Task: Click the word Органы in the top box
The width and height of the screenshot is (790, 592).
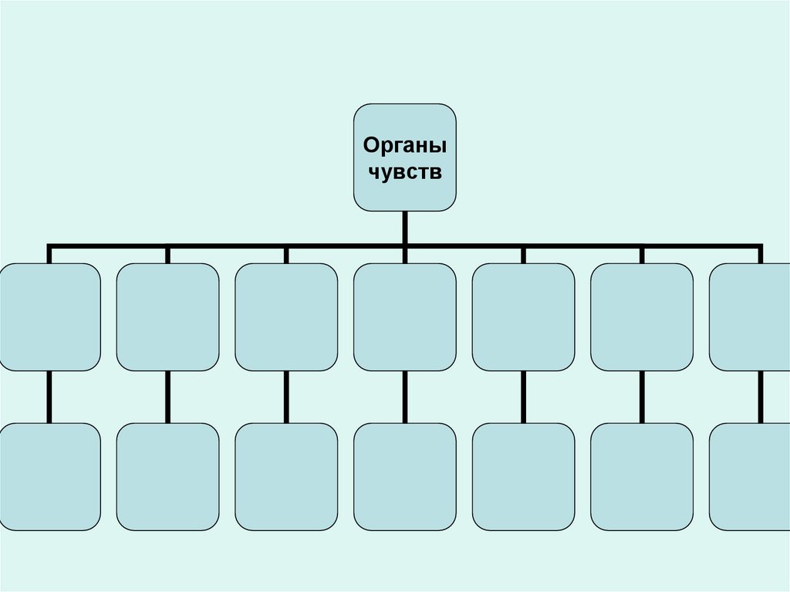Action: coord(404,145)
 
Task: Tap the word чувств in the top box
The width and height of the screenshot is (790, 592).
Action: coord(404,171)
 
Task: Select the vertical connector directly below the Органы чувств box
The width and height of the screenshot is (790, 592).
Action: coord(404,228)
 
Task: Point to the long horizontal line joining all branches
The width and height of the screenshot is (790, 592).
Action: coord(231,247)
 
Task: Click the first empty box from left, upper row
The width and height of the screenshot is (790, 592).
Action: coord(49,316)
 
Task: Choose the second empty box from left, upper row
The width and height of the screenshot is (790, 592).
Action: coord(167,316)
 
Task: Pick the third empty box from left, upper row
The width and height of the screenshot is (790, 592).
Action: coord(286,316)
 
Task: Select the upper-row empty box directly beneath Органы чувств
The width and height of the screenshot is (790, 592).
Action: coord(404,316)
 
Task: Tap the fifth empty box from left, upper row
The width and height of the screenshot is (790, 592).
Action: coord(523,316)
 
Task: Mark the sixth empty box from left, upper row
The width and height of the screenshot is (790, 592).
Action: coord(642,316)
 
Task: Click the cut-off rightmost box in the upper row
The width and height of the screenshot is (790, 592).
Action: coord(750,316)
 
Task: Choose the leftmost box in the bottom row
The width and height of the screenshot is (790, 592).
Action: coord(49,476)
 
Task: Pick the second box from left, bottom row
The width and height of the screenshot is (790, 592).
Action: coord(167,476)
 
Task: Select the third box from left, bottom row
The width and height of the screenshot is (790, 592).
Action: coord(286,476)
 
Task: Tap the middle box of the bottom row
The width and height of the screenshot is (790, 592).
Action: coord(404,476)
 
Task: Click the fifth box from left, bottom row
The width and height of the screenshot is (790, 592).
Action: coord(523,476)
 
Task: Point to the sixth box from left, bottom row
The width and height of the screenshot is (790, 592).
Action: coord(642,476)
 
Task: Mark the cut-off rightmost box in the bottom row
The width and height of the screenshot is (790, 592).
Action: coord(750,476)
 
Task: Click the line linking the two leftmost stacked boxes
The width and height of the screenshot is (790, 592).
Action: coord(49,397)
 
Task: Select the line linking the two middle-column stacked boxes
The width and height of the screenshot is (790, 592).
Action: coord(404,397)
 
